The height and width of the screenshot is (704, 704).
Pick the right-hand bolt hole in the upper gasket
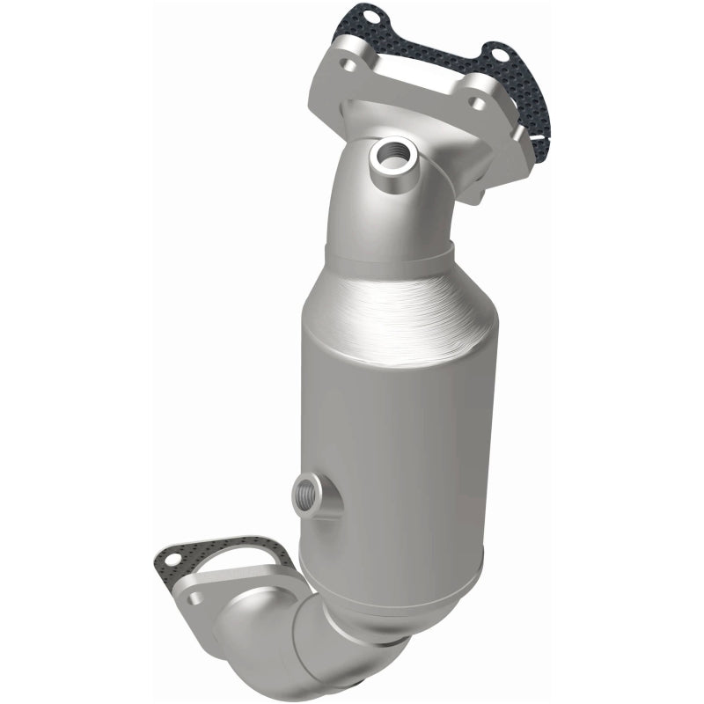(x=501, y=56)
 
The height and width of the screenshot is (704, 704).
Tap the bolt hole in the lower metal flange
(x=195, y=598)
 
